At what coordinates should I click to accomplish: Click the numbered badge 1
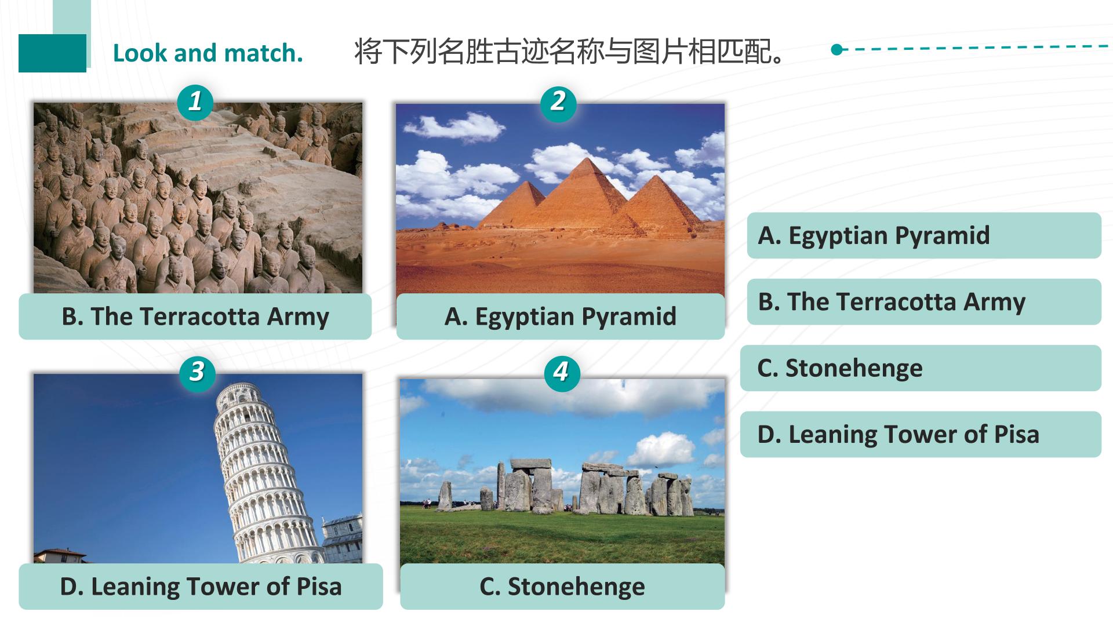point(195,102)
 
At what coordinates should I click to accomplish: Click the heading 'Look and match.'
point(208,53)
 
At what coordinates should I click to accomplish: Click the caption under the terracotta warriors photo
point(195,316)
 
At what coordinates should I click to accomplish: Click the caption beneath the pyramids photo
point(561,316)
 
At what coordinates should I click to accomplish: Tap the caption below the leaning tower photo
point(201,587)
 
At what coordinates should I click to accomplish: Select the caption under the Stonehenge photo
point(562,587)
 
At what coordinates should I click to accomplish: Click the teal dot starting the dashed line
point(836,50)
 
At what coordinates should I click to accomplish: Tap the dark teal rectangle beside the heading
point(52,53)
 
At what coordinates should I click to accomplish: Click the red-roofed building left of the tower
point(60,556)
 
